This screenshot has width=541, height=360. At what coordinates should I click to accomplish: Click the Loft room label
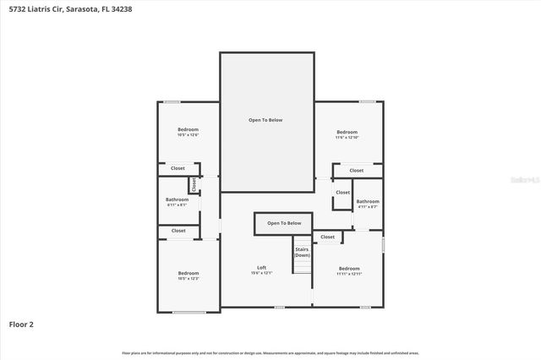[262, 270]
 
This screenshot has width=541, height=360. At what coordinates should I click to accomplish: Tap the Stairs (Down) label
[302, 252]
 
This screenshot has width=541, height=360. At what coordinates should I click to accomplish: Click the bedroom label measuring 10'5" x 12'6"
[188, 132]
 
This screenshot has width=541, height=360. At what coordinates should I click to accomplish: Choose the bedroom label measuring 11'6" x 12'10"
[347, 134]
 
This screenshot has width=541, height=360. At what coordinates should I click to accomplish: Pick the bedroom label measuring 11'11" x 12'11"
[348, 270]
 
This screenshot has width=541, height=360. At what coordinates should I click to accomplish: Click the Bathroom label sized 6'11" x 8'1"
[178, 201]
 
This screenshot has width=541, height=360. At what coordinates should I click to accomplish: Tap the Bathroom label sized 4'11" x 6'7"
[368, 203]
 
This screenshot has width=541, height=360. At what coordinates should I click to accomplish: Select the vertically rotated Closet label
[194, 183]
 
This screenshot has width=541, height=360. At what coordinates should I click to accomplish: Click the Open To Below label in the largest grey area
[265, 120]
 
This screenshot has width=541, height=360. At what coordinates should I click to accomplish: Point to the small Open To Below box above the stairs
[284, 223]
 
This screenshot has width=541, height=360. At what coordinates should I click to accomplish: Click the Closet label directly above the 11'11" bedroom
[327, 237]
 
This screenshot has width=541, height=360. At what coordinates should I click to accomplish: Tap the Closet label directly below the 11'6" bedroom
[357, 170]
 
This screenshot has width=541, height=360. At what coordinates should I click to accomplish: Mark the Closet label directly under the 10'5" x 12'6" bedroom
[178, 168]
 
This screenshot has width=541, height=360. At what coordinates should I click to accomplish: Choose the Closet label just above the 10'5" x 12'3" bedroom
[178, 231]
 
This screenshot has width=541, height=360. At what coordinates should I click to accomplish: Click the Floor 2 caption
[21, 323]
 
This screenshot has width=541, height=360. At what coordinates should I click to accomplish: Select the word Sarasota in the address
[88, 8]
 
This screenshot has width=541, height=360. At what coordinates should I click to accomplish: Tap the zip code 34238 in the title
[123, 8]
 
